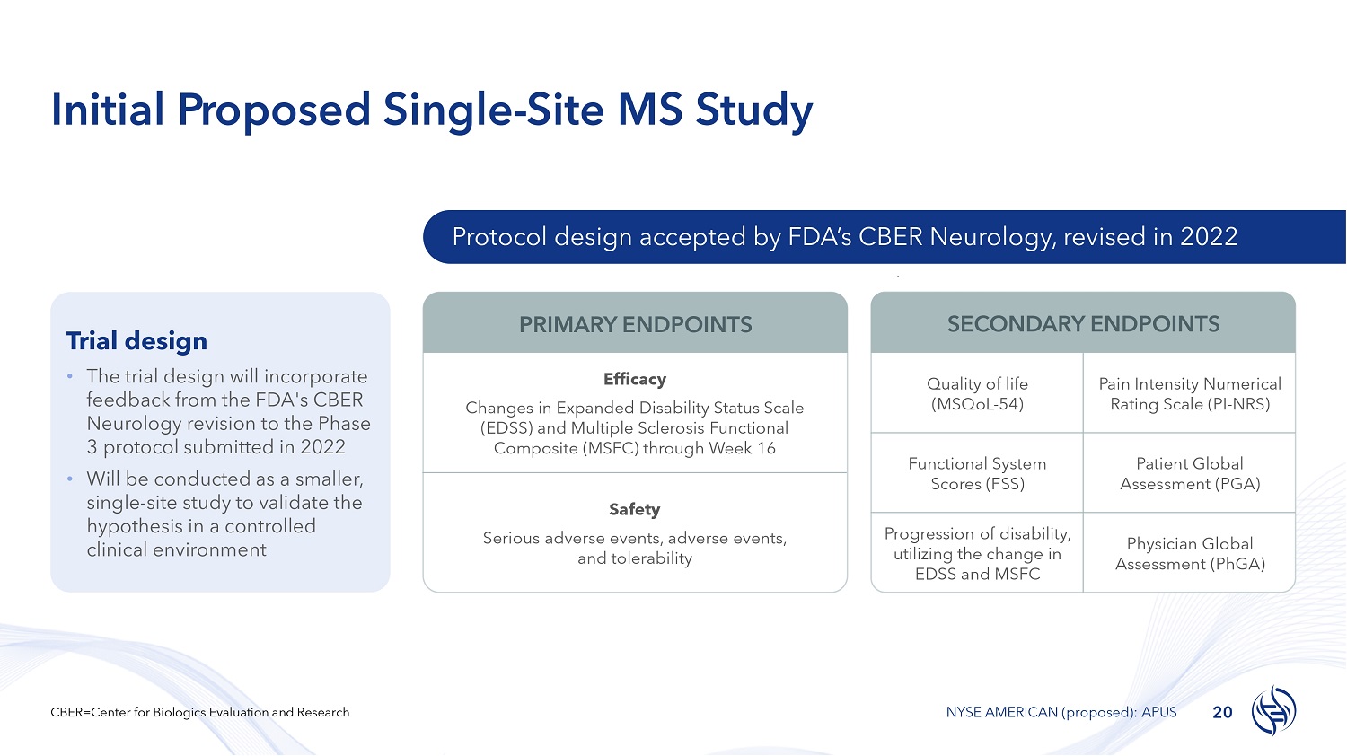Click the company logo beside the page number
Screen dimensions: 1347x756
point(1273,710)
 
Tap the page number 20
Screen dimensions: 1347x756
point(1222,713)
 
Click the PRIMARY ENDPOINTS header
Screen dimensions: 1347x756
point(635,325)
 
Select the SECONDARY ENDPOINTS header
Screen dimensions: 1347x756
point(1083,324)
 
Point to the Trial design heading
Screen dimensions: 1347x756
point(136,341)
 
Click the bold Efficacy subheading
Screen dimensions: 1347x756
point(634,379)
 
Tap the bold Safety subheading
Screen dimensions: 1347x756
point(634,509)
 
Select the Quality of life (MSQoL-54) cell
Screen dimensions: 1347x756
point(977,393)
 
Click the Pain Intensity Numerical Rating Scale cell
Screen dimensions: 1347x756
point(1190,393)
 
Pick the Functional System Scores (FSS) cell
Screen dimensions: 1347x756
point(977,473)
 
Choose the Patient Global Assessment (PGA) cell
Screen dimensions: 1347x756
point(1190,473)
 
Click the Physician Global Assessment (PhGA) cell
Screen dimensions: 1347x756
point(1190,553)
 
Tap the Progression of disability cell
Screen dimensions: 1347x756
point(977,553)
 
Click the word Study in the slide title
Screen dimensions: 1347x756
point(754,110)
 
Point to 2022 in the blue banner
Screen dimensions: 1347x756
point(1209,237)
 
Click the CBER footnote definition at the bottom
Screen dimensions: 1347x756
point(199,712)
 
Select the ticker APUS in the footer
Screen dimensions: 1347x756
point(1158,712)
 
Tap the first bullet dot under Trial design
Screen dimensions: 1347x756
point(70,376)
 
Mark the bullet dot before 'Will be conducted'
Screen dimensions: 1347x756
point(70,479)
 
